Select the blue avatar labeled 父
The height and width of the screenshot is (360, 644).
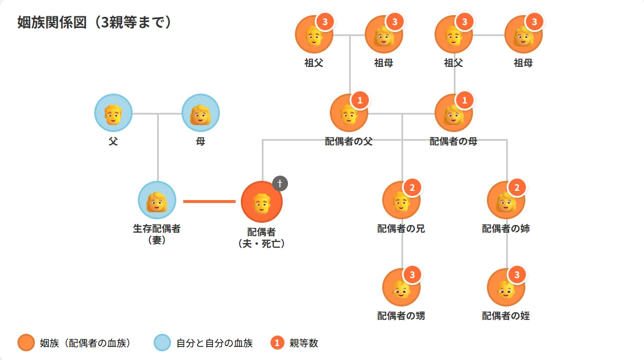(113, 113)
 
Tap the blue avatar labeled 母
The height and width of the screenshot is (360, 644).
(201, 113)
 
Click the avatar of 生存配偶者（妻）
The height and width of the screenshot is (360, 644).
(157, 200)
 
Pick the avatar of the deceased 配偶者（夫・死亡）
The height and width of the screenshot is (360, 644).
(262, 201)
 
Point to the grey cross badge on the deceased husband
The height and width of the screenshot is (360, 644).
(280, 183)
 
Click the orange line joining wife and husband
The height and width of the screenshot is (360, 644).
(209, 201)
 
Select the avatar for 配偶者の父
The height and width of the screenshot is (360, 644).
(348, 113)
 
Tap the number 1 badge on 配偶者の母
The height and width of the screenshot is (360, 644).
(464, 101)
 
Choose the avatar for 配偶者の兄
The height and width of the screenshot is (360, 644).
(401, 200)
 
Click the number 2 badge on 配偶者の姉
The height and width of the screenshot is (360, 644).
(517, 187)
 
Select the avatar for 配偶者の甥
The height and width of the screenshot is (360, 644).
(401, 287)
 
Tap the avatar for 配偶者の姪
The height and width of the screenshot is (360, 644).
(506, 287)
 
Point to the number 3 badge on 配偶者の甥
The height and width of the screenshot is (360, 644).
(412, 275)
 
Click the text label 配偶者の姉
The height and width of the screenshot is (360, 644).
(506, 229)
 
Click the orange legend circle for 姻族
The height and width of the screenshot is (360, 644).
(26, 343)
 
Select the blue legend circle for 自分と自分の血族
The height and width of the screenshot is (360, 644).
(162, 343)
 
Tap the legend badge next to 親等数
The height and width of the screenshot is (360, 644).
(277, 343)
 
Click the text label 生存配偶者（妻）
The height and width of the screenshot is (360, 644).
(157, 234)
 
